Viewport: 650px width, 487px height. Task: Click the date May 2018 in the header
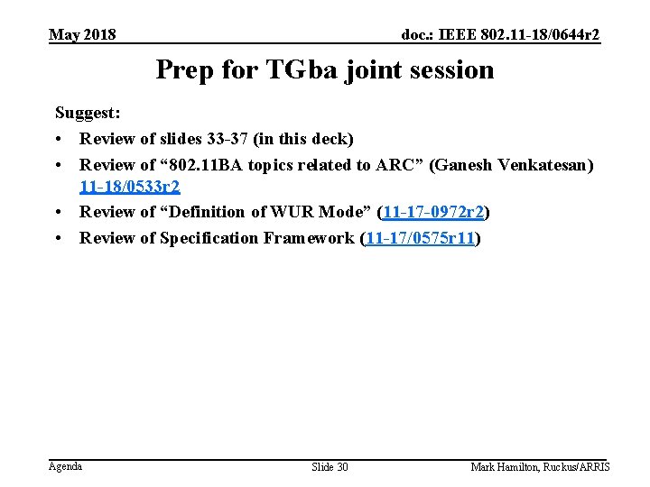(82, 35)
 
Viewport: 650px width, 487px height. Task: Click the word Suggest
(88, 115)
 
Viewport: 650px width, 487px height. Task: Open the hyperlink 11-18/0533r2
(130, 187)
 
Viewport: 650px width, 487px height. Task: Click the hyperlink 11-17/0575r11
(420, 238)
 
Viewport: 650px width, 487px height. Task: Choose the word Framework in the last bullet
(306, 238)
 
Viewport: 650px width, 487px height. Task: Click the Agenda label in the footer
(65, 466)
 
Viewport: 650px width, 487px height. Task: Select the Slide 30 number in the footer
(330, 467)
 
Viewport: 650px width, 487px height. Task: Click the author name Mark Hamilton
(506, 467)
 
